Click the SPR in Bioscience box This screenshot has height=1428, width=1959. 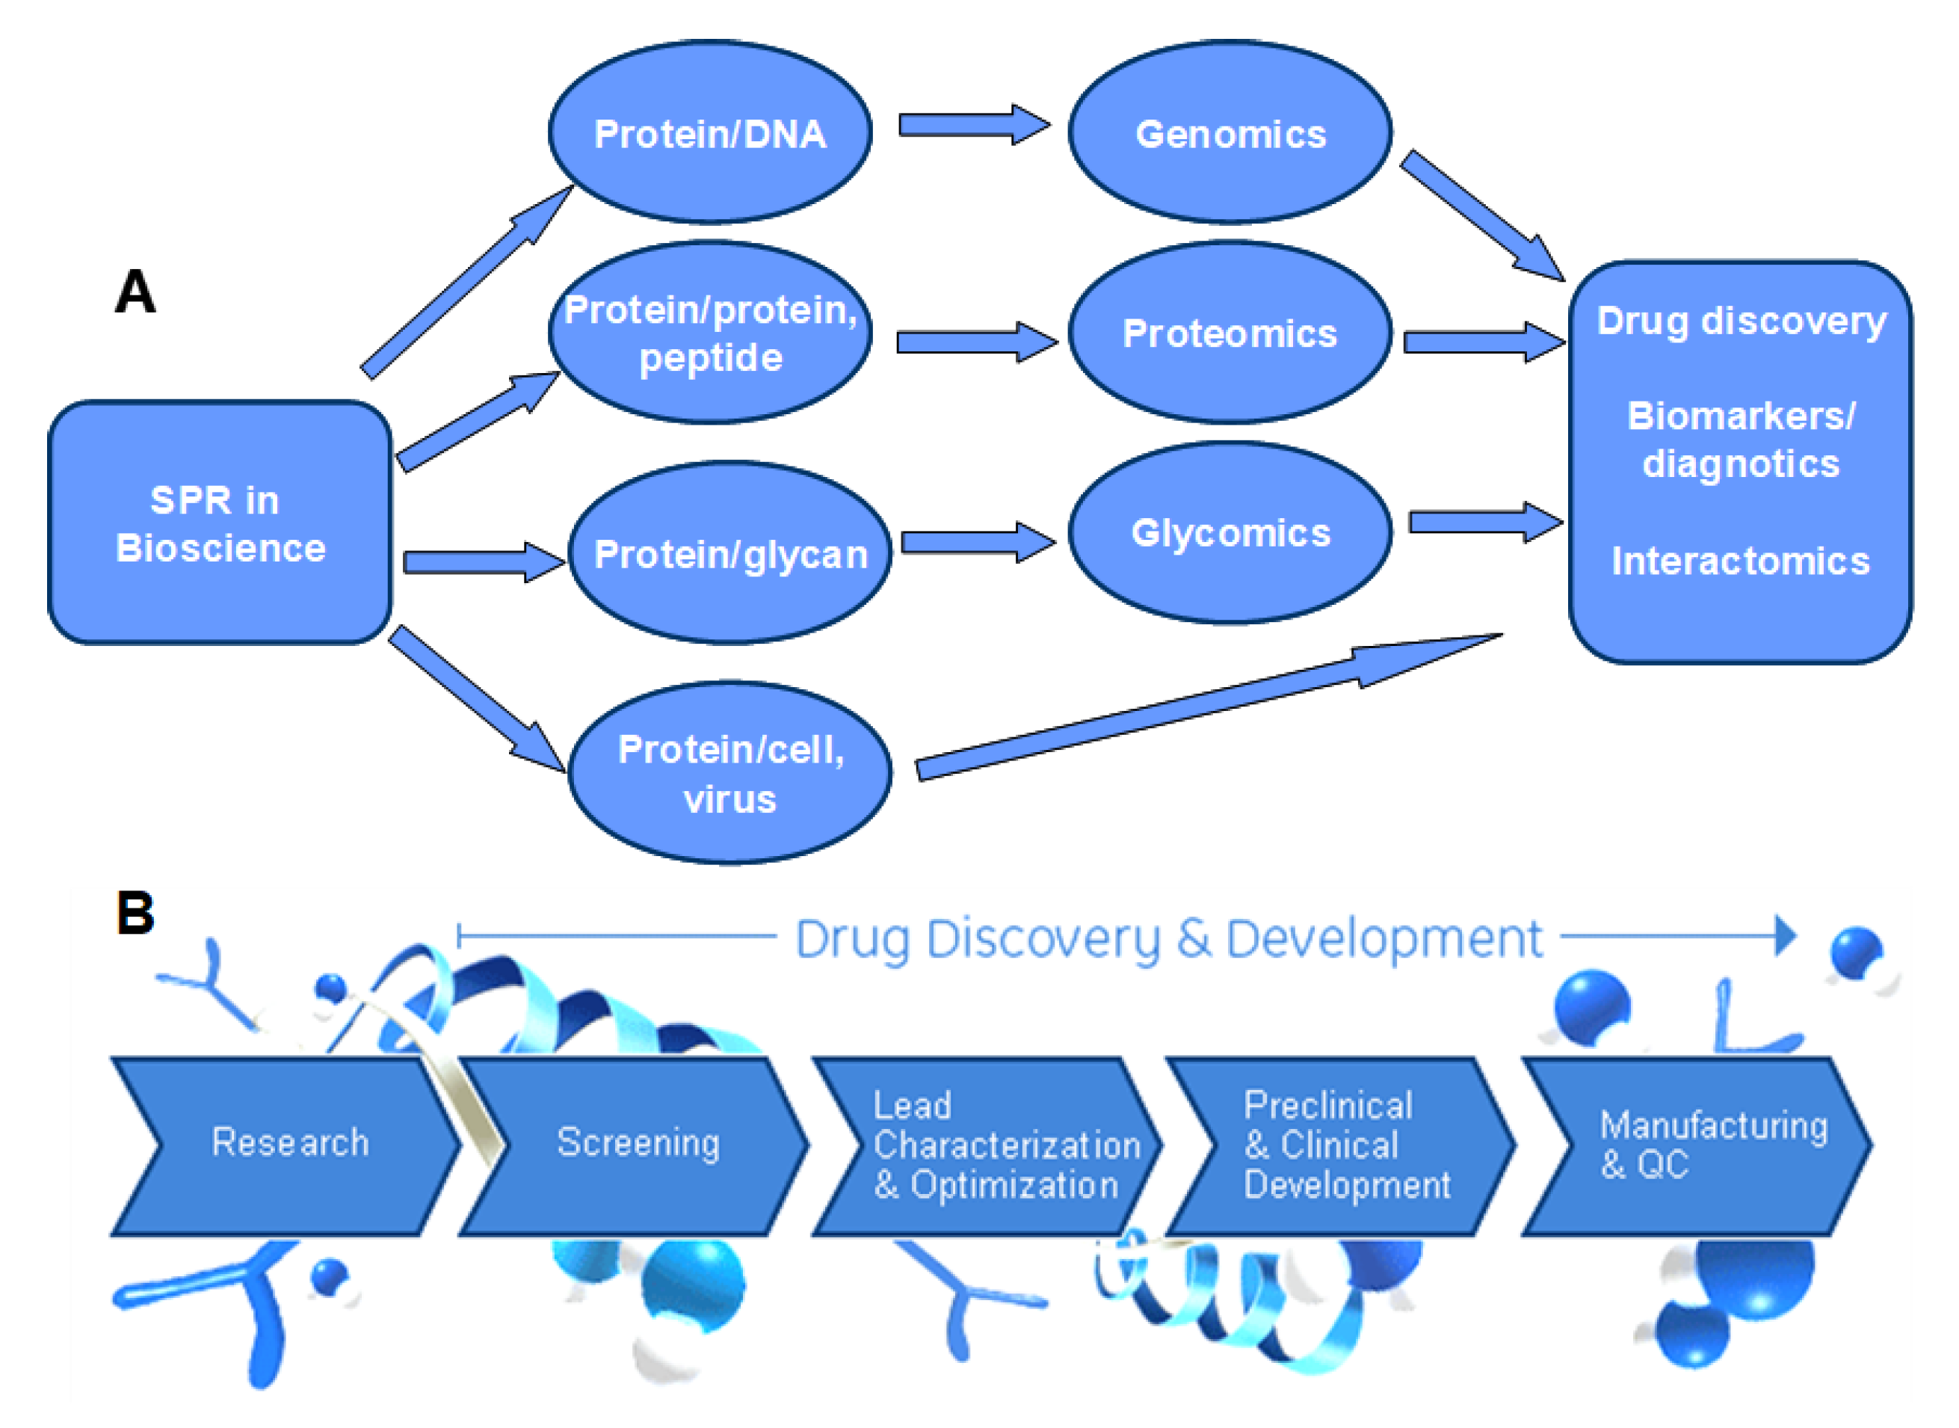(220, 523)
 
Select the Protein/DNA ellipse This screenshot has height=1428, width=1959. (709, 133)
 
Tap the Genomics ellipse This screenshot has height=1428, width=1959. (1230, 133)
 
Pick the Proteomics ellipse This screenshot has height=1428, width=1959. (1230, 333)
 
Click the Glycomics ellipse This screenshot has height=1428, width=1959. (1230, 532)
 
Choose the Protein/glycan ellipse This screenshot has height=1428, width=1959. (730, 554)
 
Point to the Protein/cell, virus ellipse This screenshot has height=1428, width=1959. (730, 773)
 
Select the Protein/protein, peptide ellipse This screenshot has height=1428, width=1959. (709, 333)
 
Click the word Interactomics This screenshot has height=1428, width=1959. (1739, 560)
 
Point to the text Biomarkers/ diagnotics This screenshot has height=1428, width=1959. (1739, 439)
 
